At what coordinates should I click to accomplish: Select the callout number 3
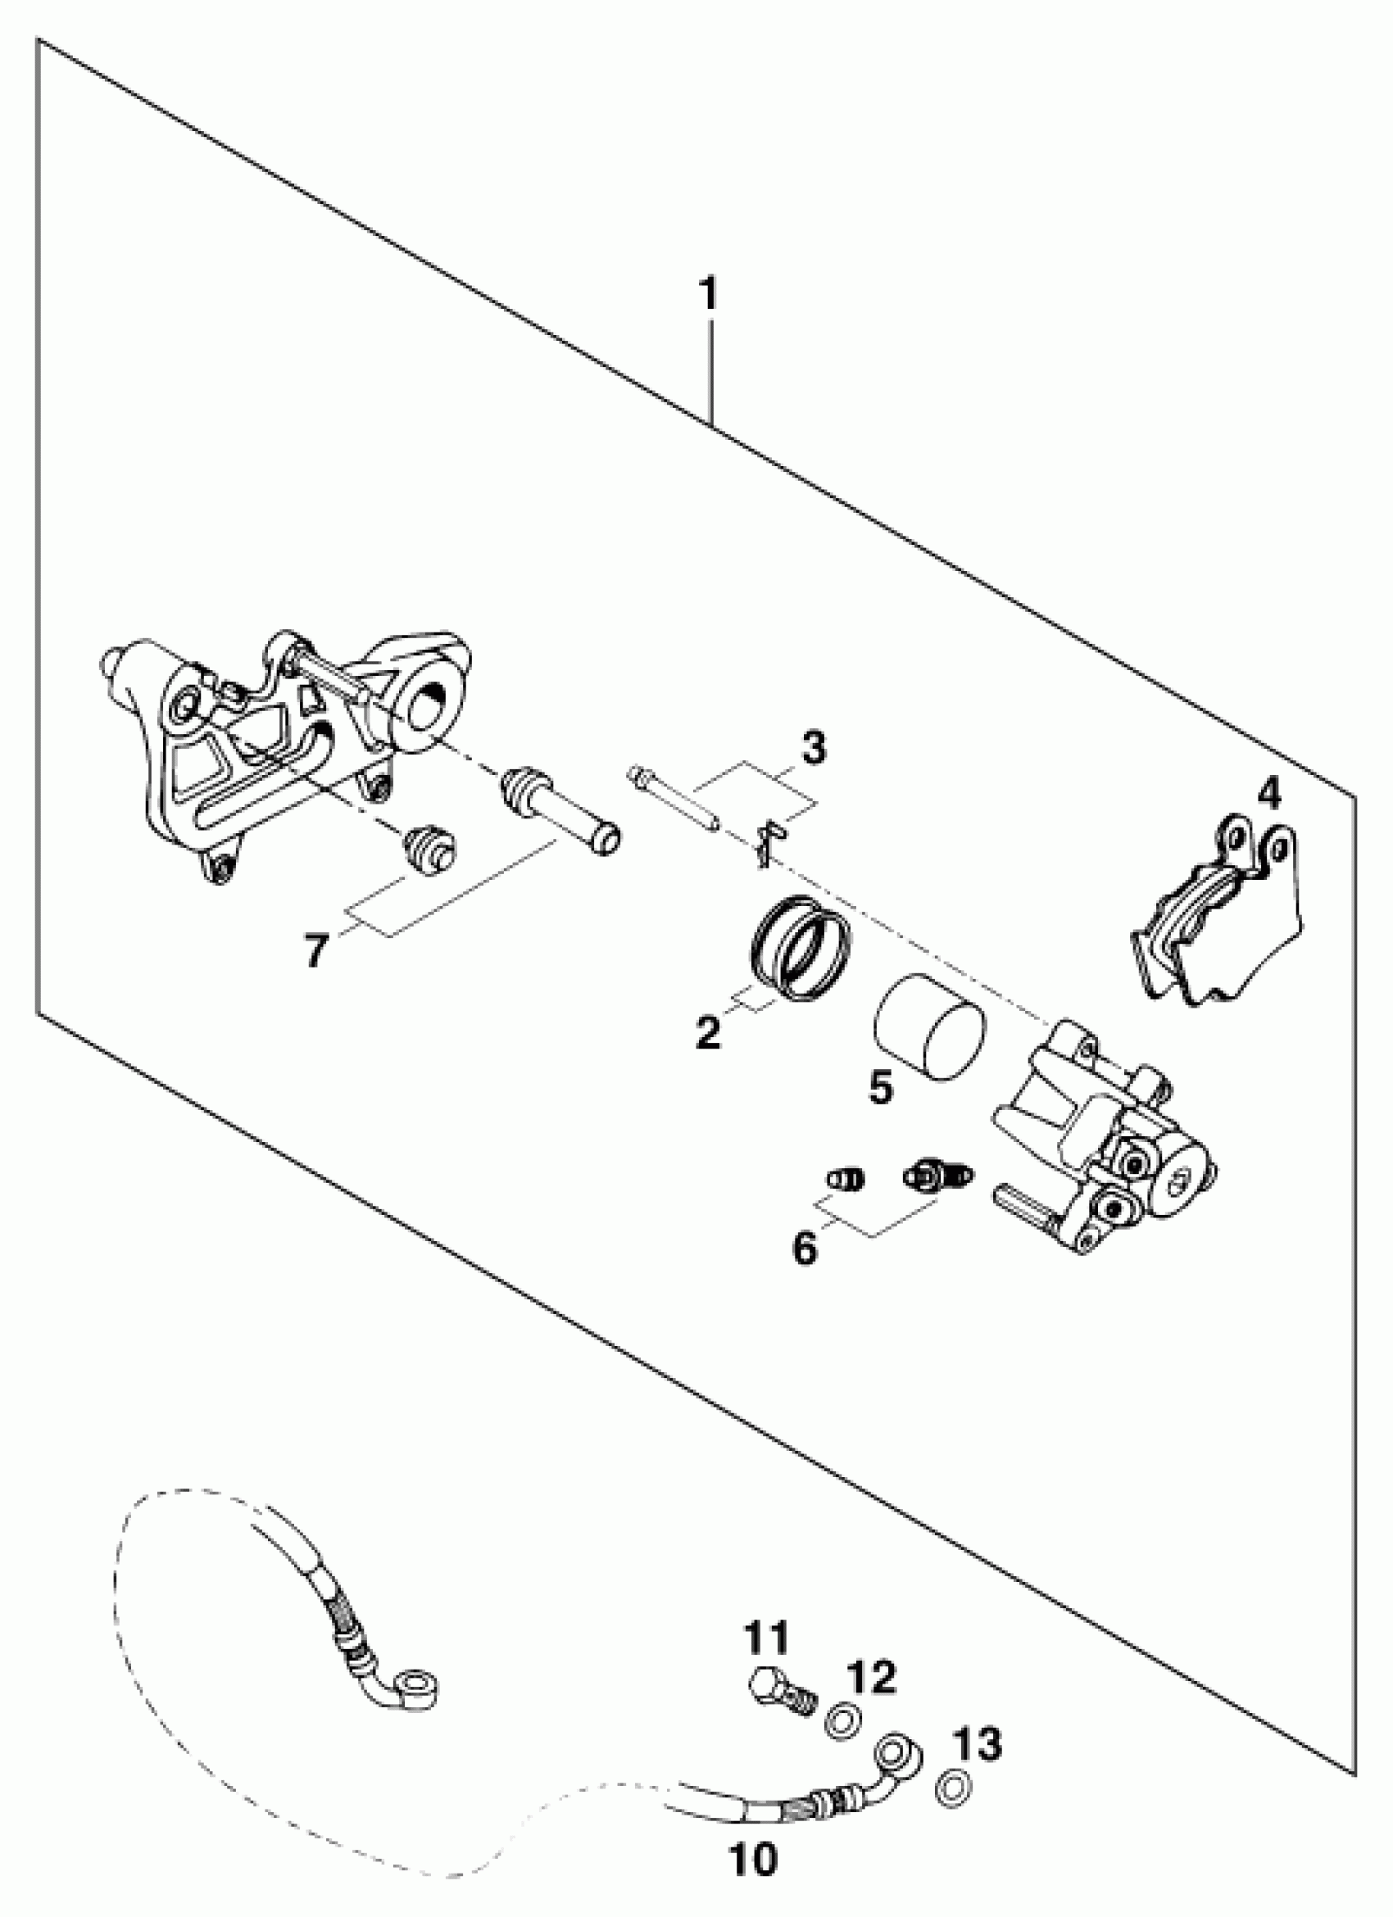click(x=813, y=750)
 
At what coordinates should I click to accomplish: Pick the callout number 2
click(x=707, y=1032)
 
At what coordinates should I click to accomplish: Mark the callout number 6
click(x=805, y=1248)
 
